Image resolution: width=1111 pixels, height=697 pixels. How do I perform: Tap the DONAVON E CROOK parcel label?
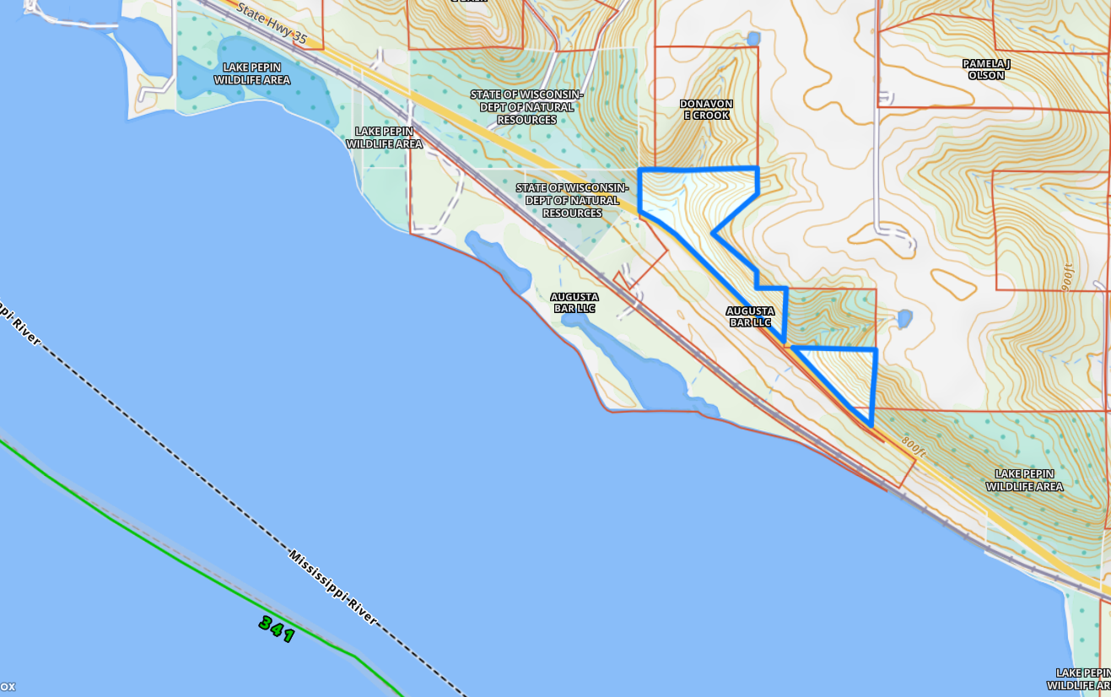tap(706, 109)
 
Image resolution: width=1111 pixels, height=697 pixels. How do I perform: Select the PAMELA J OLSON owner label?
tap(985, 69)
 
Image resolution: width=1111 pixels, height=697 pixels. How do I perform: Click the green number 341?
tap(277, 629)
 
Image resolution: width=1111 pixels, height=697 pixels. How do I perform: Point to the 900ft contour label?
tap(1069, 276)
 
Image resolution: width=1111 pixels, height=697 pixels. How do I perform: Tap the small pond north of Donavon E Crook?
tap(753, 38)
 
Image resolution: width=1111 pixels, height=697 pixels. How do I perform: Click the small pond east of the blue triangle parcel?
tap(903, 318)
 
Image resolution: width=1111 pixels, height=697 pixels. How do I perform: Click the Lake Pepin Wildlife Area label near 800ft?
tap(1024, 480)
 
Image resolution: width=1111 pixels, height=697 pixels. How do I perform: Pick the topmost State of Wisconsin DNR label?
tap(526, 106)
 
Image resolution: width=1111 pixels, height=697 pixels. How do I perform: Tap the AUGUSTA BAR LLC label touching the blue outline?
tap(749, 316)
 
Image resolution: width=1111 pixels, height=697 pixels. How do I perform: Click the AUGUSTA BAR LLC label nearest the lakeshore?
tap(574, 302)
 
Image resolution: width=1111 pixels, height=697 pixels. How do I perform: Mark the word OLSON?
tap(985, 75)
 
